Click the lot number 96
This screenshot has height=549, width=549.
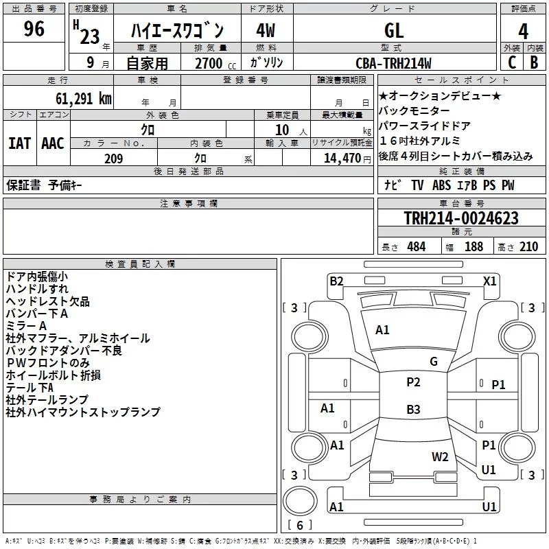click(x=34, y=29)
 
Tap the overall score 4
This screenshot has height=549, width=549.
click(x=524, y=31)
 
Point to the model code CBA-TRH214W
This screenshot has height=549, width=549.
click(x=393, y=63)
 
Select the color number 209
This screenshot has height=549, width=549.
click(x=113, y=159)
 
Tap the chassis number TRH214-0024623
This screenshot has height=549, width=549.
click(x=461, y=218)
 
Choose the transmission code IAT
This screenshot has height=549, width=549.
click(x=19, y=143)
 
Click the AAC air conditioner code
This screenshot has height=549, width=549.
click(x=53, y=143)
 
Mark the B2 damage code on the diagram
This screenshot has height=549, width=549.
click(x=336, y=281)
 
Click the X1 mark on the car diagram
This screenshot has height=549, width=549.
click(x=490, y=281)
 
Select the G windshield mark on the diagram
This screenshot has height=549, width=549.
click(x=434, y=362)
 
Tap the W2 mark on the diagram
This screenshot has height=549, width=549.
click(x=440, y=457)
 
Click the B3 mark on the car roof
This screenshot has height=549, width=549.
click(x=413, y=410)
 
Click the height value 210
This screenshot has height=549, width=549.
click(x=528, y=247)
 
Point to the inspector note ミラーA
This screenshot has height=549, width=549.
click(x=26, y=326)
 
